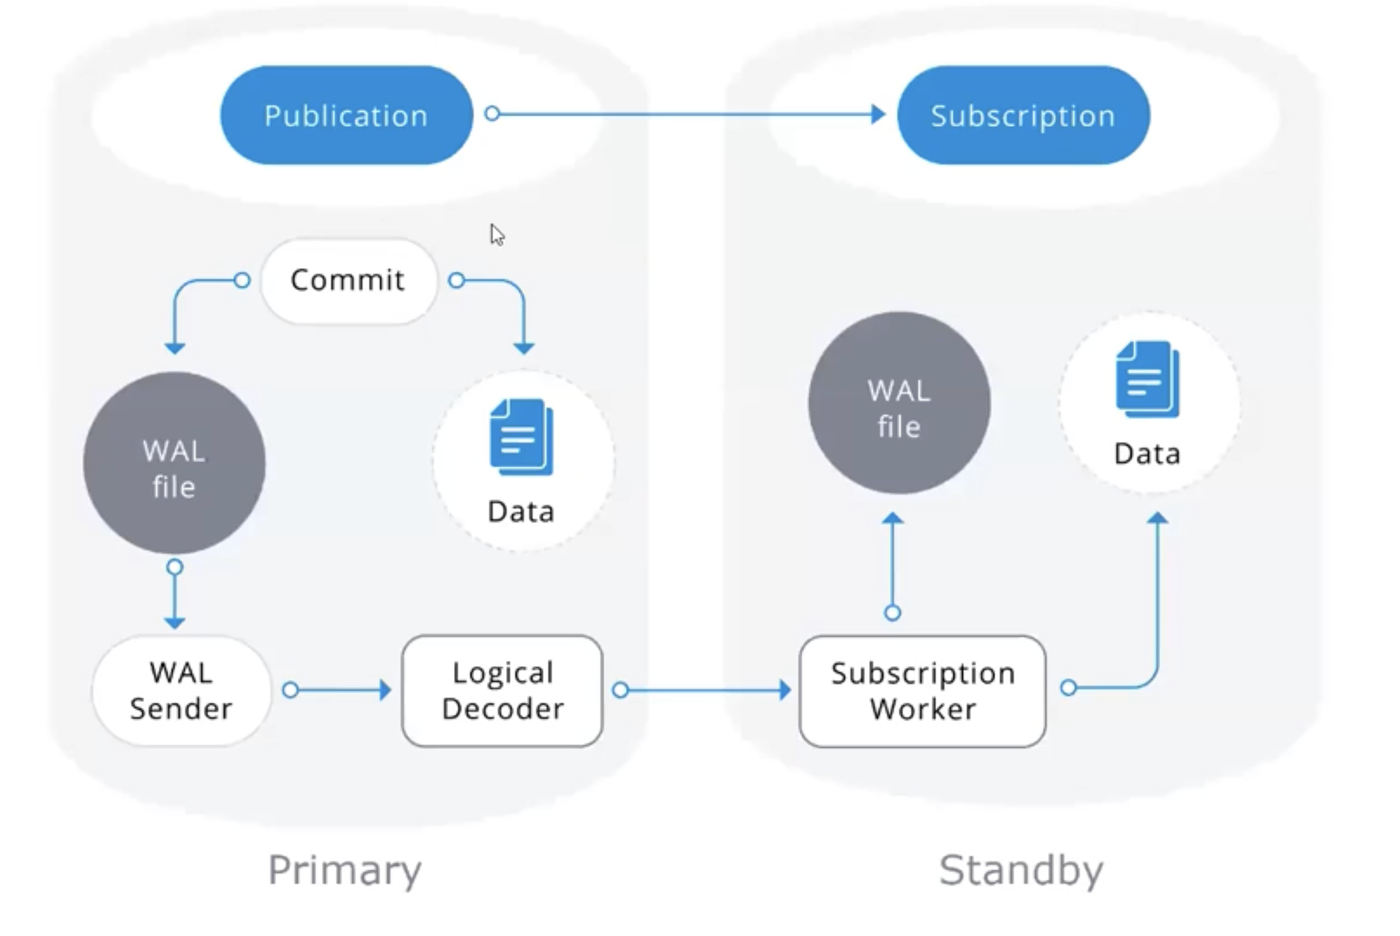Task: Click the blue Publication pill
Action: [346, 115]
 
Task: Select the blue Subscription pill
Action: [1023, 115]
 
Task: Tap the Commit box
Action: [349, 280]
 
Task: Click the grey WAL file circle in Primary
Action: [174, 463]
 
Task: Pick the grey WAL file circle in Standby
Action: [899, 404]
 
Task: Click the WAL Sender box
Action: [181, 690]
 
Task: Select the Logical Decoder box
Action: [503, 690]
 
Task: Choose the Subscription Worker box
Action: [922, 691]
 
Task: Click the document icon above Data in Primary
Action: [522, 437]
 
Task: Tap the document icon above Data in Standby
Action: [1147, 379]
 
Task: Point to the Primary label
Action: [345, 871]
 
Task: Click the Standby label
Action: [1022, 871]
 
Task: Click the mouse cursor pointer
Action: [497, 235]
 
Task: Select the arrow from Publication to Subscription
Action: [686, 114]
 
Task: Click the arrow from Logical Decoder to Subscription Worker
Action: [704, 690]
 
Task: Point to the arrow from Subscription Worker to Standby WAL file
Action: [893, 564]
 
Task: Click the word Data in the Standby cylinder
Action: [1147, 454]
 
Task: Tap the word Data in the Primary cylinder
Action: [521, 511]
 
